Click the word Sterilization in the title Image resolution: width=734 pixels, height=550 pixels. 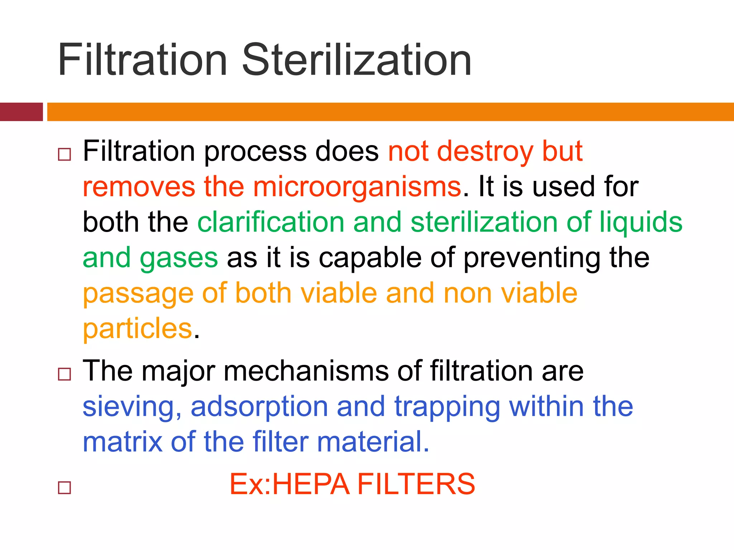point(357,60)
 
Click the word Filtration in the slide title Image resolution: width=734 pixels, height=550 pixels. point(143,60)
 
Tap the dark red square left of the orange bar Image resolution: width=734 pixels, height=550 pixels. point(21,112)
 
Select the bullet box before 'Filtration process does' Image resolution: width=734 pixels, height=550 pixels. point(65,155)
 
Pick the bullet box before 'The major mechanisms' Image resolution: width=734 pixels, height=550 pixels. point(65,374)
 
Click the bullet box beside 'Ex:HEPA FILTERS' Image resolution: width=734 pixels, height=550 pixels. point(65,488)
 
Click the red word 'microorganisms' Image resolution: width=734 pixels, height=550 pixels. point(357,187)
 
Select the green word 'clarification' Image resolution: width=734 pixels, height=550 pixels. point(271,222)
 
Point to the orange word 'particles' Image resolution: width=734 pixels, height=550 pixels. point(138,329)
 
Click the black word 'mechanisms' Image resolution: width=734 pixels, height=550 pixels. point(306,371)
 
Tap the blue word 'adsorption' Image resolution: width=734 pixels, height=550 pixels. point(259,407)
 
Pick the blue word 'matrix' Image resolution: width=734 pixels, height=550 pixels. point(122,442)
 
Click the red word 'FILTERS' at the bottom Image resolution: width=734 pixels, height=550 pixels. point(416,484)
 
